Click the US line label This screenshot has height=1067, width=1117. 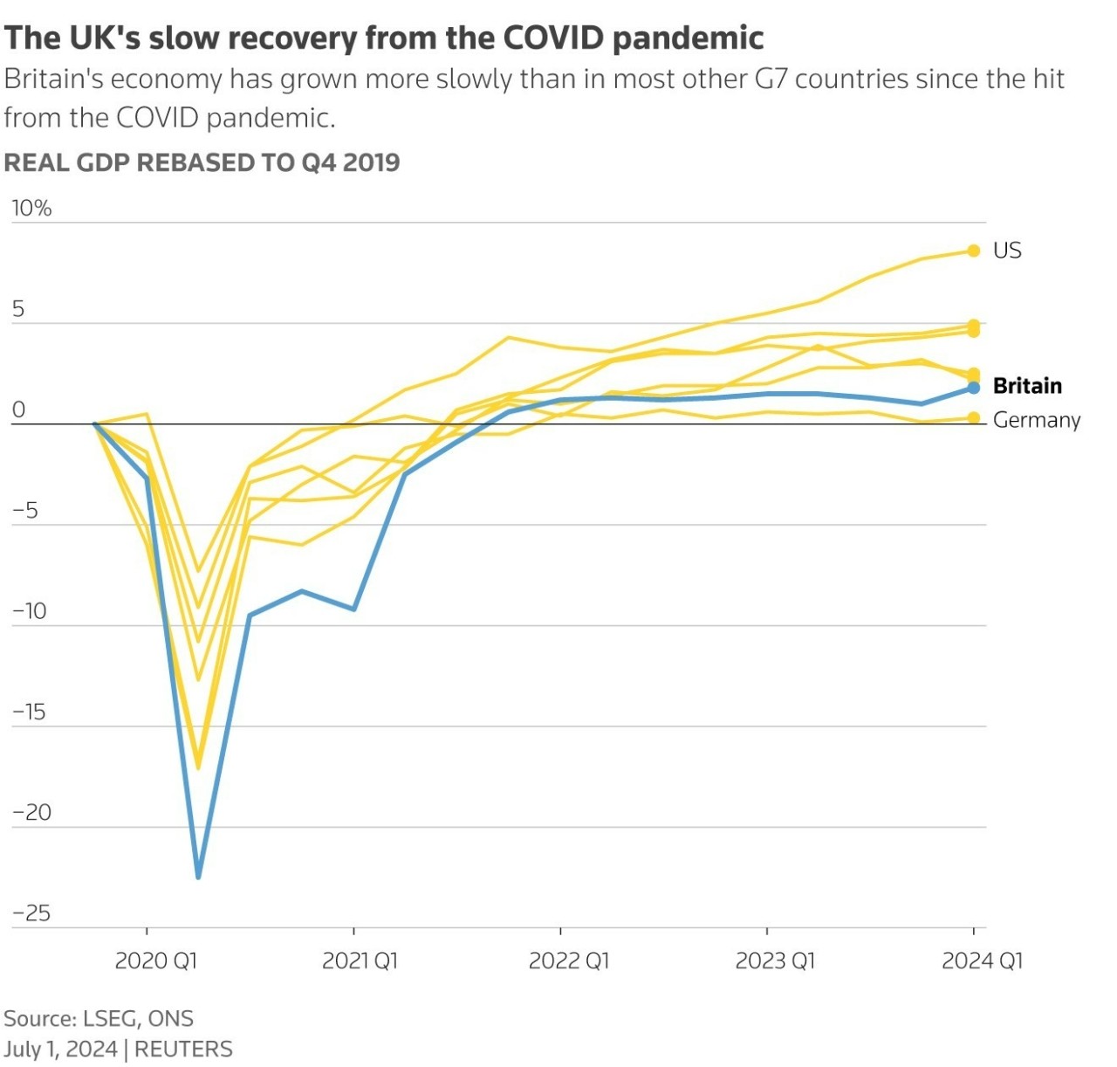point(1007,251)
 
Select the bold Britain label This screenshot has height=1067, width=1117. point(1027,386)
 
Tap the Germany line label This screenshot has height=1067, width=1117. point(1037,420)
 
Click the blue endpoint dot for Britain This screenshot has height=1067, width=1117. point(974,388)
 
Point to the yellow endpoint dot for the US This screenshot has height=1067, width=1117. point(974,251)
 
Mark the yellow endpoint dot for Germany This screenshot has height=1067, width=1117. point(974,418)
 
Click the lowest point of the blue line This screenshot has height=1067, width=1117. point(198,876)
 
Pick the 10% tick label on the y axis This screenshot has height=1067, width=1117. point(31,208)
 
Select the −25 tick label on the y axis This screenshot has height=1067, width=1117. point(31,913)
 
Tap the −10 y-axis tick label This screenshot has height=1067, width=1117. point(30,611)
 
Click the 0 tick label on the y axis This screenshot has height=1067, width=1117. point(18,410)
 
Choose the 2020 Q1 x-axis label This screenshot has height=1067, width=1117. point(156,961)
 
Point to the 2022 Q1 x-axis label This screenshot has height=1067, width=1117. point(569,961)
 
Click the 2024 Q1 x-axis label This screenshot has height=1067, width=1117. point(982,961)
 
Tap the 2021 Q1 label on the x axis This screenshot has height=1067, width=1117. point(360,961)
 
